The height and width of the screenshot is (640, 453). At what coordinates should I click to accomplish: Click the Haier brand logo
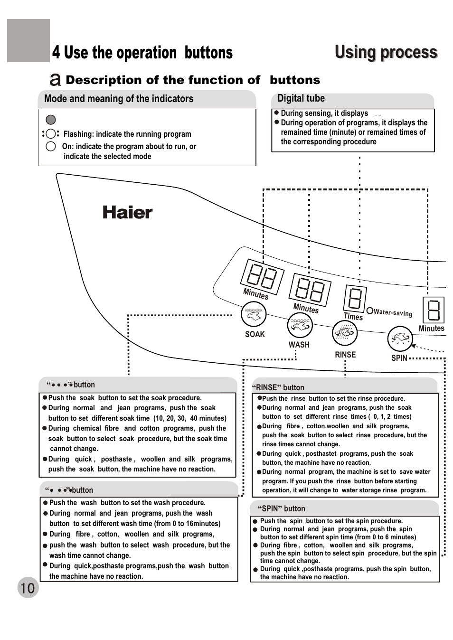pyautogui.click(x=127, y=213)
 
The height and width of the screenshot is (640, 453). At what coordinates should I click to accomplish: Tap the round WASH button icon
pyautogui.click(x=300, y=326)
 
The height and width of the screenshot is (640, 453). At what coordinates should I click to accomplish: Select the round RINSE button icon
pyautogui.click(x=345, y=333)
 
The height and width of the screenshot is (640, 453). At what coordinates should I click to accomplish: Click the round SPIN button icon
pyautogui.click(x=400, y=339)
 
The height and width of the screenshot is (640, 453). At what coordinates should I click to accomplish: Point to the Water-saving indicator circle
pyautogui.click(x=370, y=311)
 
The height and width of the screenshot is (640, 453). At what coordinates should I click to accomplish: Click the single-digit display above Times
pyautogui.click(x=356, y=298)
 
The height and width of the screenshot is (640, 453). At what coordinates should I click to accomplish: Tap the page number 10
pyautogui.click(x=28, y=588)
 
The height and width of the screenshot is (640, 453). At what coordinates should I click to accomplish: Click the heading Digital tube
pyautogui.click(x=301, y=98)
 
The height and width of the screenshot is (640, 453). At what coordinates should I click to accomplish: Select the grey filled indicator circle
pyautogui.click(x=51, y=120)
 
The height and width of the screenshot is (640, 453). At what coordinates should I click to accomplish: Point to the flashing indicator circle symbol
pyautogui.click(x=51, y=134)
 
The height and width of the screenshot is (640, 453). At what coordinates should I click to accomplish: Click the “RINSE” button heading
pyautogui.click(x=278, y=387)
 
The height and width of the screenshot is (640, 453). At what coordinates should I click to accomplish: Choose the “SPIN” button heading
pyautogui.click(x=281, y=508)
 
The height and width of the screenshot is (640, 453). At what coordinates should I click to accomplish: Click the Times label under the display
pyautogui.click(x=353, y=316)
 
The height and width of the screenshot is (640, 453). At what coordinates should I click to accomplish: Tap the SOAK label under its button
pyautogui.click(x=255, y=334)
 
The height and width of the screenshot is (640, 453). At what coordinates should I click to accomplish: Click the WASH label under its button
pyautogui.click(x=299, y=345)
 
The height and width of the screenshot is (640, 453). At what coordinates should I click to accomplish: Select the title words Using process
pyautogui.click(x=386, y=52)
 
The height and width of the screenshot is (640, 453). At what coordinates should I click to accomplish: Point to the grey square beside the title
pyautogui.click(x=28, y=41)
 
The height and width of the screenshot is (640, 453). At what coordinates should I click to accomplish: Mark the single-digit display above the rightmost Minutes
pyautogui.click(x=434, y=310)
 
